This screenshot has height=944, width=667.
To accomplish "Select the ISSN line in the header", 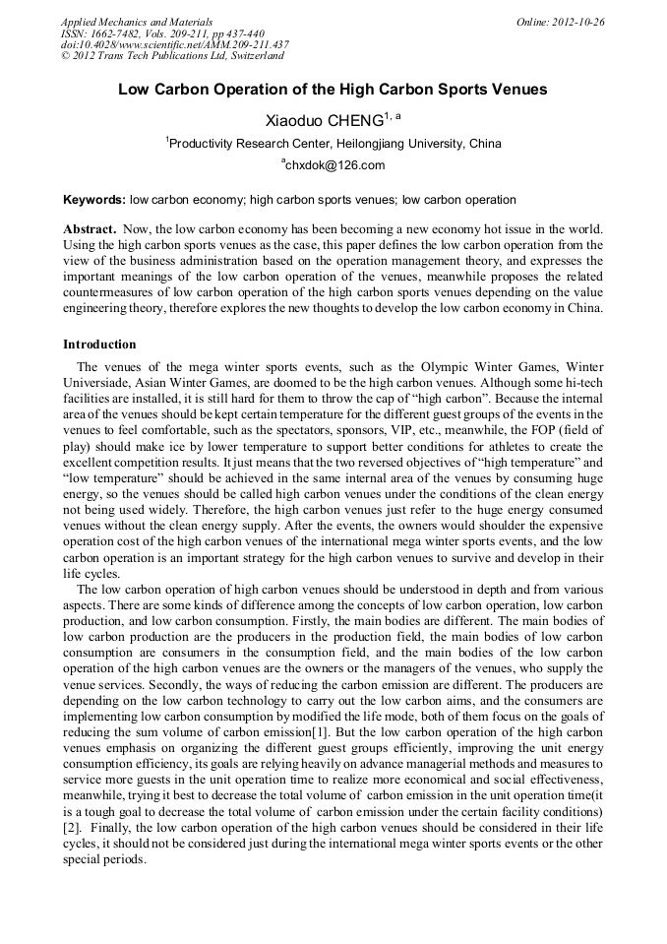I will (x=162, y=33).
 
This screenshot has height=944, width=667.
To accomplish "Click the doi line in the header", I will (x=175, y=45).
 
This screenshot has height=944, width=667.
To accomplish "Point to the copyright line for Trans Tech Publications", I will (x=171, y=57).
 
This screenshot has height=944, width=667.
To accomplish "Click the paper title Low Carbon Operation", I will (x=333, y=90).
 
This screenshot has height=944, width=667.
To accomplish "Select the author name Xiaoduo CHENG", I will (x=324, y=121).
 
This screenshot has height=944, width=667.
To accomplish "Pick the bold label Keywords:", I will (x=94, y=200).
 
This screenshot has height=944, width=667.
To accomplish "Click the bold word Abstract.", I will (x=89, y=228).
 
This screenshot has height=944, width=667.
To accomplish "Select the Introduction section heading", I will (x=99, y=345).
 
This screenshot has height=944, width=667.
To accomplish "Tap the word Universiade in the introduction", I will (x=99, y=380).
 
